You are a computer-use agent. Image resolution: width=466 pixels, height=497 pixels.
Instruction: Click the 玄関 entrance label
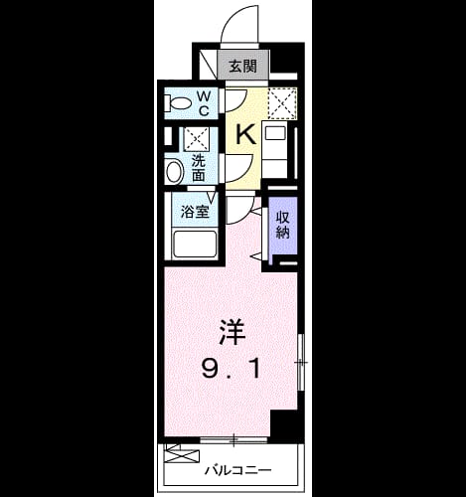click(x=243, y=67)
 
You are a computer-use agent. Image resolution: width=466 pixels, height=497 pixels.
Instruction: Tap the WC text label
click(x=204, y=103)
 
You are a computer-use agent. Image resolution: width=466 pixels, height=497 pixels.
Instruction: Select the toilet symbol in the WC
click(x=177, y=103)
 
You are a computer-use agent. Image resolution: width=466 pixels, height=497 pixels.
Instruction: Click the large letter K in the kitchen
click(x=245, y=134)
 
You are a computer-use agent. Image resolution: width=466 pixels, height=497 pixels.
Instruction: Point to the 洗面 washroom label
click(x=199, y=169)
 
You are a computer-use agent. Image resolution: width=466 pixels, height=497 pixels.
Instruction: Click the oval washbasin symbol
click(x=174, y=171)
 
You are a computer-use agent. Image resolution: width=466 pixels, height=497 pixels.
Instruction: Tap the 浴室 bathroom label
click(x=195, y=212)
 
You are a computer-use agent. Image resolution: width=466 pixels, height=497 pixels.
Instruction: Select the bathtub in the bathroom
click(x=195, y=245)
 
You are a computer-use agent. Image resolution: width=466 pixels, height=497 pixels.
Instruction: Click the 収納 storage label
click(x=283, y=225)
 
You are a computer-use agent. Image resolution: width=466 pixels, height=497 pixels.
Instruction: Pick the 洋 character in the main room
click(x=233, y=332)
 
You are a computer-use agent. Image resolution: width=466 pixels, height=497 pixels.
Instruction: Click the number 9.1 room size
click(x=231, y=370)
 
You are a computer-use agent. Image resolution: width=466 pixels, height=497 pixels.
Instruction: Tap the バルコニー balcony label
click(x=237, y=470)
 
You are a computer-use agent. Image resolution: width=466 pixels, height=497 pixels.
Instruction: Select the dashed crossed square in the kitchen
click(x=282, y=103)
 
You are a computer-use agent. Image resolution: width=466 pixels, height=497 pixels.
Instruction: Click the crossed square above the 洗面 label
click(x=197, y=139)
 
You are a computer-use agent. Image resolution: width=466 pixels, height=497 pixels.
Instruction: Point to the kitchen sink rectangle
click(x=274, y=134)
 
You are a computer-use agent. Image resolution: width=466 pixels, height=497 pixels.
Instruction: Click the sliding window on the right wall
click(x=301, y=362)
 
